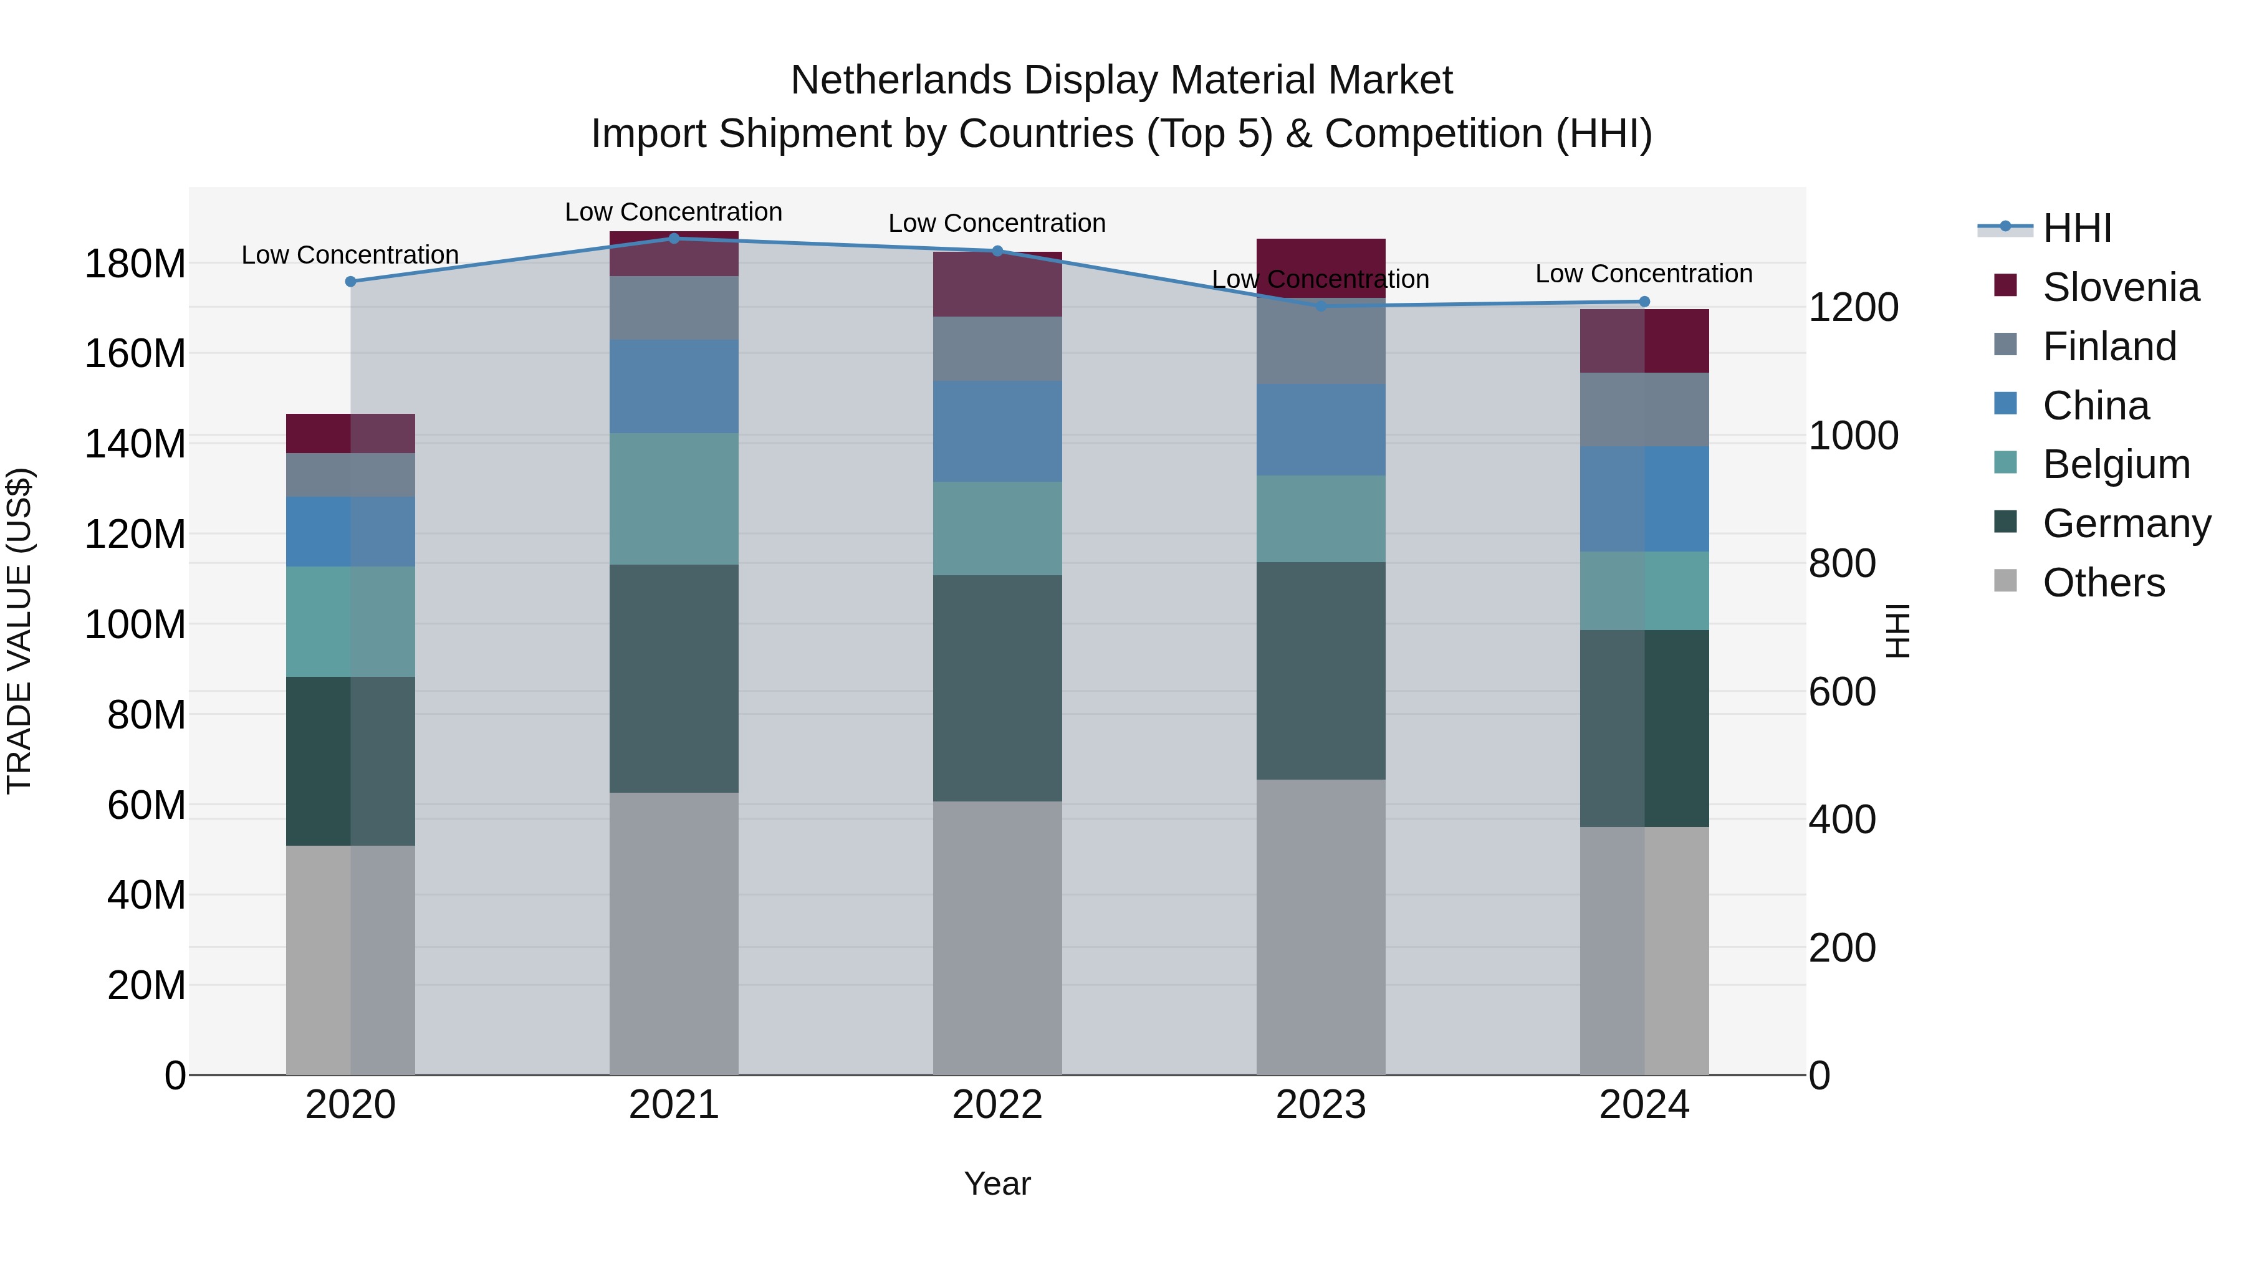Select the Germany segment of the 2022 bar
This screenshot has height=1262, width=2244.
(x=997, y=688)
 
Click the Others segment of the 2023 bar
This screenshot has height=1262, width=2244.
(x=1321, y=927)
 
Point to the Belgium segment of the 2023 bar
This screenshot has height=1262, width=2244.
(x=1321, y=519)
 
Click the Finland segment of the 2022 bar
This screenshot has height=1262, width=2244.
(x=997, y=348)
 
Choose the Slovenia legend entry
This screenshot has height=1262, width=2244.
(x=2121, y=287)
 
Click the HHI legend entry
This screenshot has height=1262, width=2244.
(x=2077, y=228)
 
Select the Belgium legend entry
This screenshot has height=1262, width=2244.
(x=2116, y=464)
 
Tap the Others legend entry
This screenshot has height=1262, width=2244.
(x=2103, y=583)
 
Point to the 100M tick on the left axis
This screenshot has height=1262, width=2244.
(x=135, y=624)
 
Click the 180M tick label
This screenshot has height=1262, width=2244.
(x=135, y=264)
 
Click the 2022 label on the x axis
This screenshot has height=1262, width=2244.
(x=997, y=1105)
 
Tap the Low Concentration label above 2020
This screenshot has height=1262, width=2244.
(x=350, y=255)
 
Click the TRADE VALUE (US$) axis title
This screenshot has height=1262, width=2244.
(x=19, y=631)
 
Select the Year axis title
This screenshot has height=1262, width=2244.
(x=997, y=1183)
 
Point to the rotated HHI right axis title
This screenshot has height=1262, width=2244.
(x=1897, y=631)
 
